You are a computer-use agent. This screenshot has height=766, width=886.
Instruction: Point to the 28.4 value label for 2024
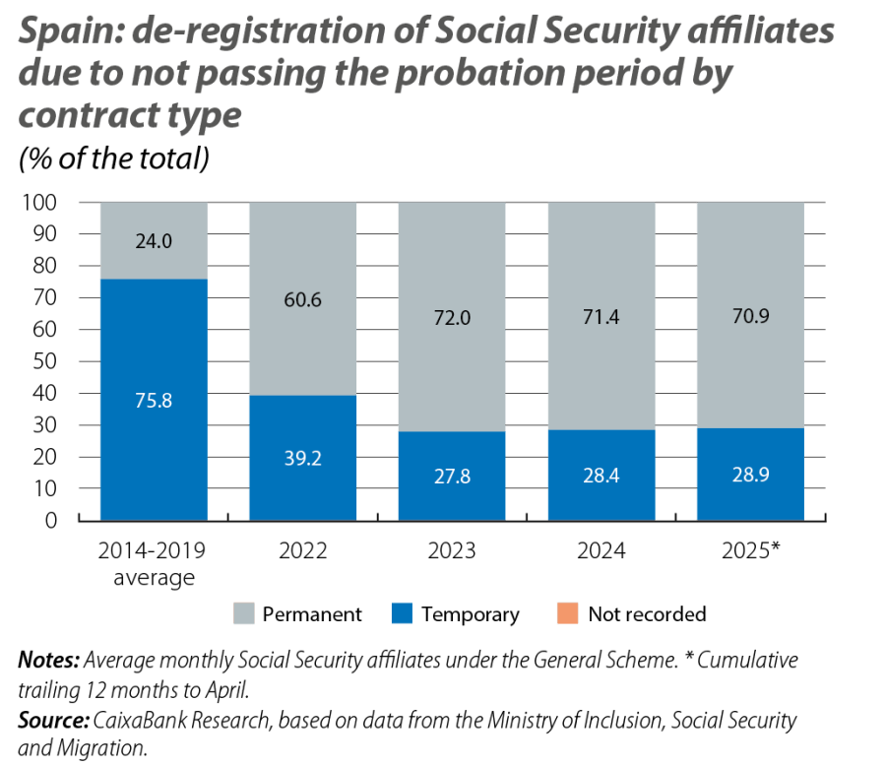point(601,477)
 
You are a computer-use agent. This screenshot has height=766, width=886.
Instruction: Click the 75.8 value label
point(154,401)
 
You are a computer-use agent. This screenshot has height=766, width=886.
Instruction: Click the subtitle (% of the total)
point(114,159)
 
